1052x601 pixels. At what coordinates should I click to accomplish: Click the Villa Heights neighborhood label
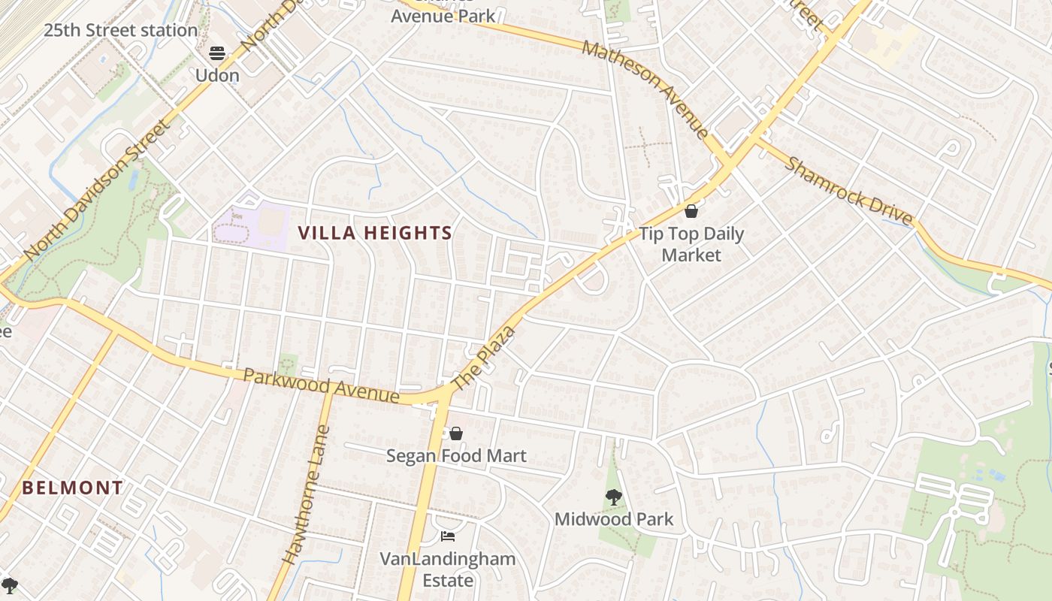pos(375,233)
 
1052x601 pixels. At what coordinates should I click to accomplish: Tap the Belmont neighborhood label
pos(72,488)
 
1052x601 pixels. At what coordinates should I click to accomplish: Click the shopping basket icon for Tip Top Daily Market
pos(691,211)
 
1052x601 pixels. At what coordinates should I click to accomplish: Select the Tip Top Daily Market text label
pos(691,244)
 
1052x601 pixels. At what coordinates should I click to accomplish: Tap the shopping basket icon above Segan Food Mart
pos(456,433)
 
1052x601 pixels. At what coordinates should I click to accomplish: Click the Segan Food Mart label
pos(456,455)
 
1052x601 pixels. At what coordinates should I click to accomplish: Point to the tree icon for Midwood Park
pos(614,497)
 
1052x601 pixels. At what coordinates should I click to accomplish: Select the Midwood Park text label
pos(614,519)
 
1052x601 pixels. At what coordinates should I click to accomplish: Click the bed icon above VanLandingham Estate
pos(448,536)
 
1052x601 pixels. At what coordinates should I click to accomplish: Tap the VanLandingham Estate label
pos(448,569)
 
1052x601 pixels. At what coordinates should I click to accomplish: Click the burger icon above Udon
pos(217,53)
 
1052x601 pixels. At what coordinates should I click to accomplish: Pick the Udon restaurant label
pos(217,75)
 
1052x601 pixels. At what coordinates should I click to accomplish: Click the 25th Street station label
pos(120,31)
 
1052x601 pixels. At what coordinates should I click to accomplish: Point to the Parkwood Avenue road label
pos(321,385)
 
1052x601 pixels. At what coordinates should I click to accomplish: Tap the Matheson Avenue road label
pos(645,89)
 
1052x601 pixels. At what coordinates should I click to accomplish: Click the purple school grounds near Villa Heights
pos(252,223)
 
